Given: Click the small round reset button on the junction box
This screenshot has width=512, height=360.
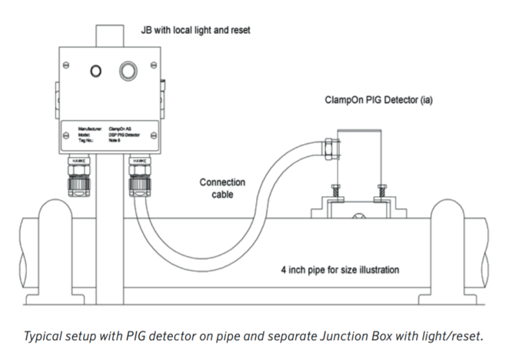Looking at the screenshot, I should [x=95, y=71].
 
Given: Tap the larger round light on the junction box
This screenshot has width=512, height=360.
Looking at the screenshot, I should [x=126, y=70].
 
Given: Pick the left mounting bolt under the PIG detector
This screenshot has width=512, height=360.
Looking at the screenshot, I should [x=334, y=191].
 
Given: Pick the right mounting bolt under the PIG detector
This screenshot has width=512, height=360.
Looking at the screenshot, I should [x=381, y=191].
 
